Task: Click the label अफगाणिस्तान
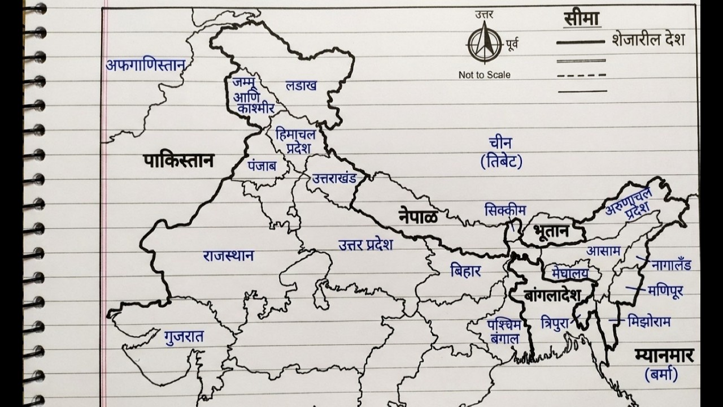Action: point(146,65)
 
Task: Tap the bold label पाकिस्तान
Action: point(178,161)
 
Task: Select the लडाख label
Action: point(301,86)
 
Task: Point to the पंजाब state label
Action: point(262,166)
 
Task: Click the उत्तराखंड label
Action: point(334,179)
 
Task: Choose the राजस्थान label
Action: point(228,256)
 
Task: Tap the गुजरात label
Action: point(184,337)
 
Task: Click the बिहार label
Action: point(465,271)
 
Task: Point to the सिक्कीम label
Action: point(505,210)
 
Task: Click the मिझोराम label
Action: point(649,322)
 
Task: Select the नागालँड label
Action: point(671,265)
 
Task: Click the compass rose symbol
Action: point(484,44)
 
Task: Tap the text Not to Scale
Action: point(484,75)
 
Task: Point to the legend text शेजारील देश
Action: point(648,40)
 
